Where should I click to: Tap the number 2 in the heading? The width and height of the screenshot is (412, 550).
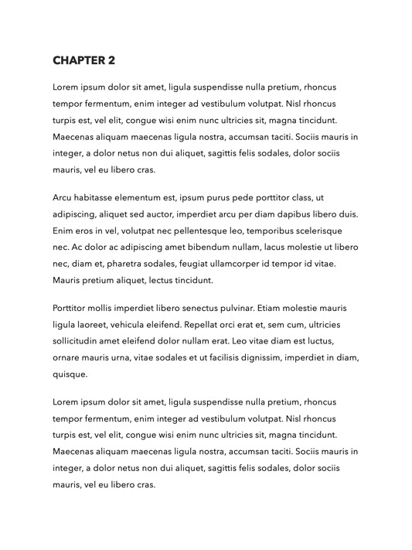click(x=111, y=60)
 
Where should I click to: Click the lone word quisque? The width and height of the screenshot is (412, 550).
click(x=70, y=374)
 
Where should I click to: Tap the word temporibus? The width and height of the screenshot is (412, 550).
click(x=265, y=231)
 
